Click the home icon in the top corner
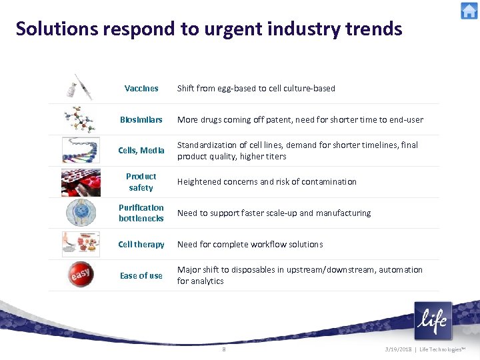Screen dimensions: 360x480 tap(469, 11)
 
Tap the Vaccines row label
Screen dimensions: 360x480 tap(141, 88)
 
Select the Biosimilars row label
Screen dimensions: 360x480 tap(141, 119)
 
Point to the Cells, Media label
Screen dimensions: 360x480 tap(141, 151)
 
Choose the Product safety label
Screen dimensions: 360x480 tap(141, 182)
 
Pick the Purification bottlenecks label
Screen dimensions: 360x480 tap(141, 213)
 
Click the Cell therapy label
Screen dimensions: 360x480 tap(141, 245)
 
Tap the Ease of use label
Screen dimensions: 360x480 tap(141, 276)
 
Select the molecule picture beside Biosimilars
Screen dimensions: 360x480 tap(80, 119)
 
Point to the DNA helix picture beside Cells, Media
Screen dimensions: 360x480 tap(80, 150)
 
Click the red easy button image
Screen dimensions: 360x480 tap(81, 275)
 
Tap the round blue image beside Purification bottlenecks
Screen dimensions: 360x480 tap(80, 213)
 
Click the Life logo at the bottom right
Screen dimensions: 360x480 tap(432, 321)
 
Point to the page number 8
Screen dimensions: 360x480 tap(224, 349)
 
